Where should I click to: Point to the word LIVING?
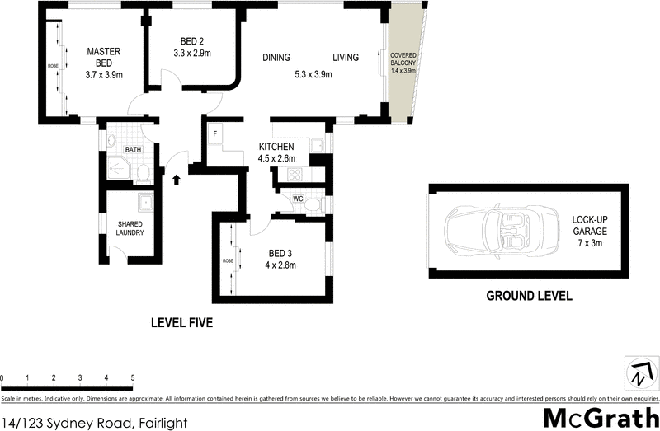(x=346, y=57)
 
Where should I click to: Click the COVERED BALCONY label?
(x=404, y=59)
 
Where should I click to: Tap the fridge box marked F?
(x=215, y=134)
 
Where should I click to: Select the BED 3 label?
(x=280, y=253)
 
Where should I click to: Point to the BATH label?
(x=133, y=150)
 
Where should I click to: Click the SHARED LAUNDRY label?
(x=130, y=228)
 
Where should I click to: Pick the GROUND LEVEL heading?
(x=528, y=296)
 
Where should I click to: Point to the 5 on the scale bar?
(x=132, y=377)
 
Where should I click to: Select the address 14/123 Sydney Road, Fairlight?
(x=95, y=423)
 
